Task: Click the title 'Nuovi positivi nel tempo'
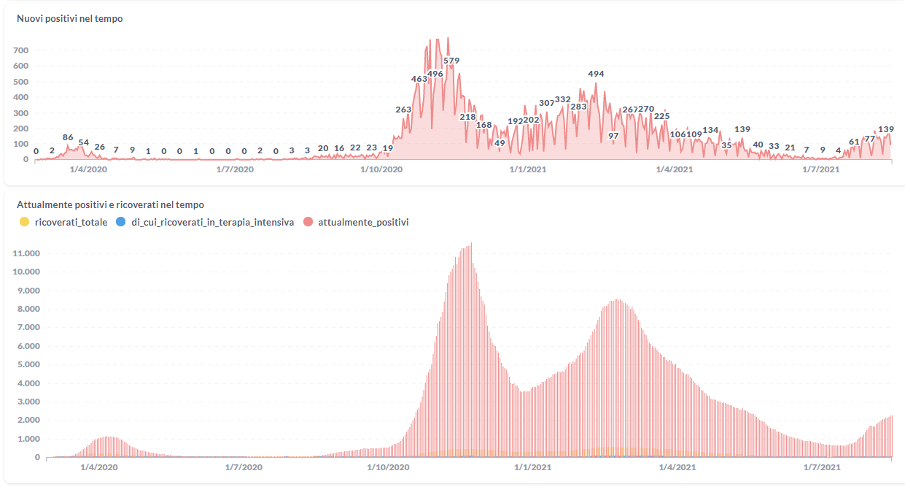70,18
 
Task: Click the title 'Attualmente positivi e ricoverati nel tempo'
110,205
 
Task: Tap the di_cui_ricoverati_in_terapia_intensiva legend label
211,222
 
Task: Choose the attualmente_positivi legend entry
363,222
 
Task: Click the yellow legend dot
24,222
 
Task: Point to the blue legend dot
120,222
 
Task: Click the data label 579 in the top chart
451,61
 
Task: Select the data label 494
596,74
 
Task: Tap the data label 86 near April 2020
68,137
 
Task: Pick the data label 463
419,79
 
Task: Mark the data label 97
613,136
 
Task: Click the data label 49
500,143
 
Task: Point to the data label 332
563,99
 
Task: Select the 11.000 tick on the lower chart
26,253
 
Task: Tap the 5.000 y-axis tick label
28,364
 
